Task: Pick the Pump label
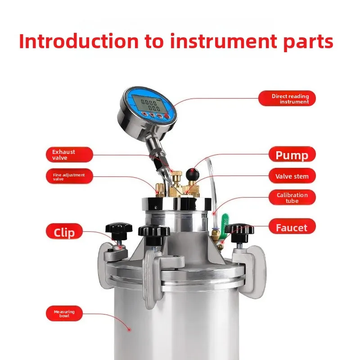[x=292, y=155]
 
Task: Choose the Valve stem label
[x=292, y=176]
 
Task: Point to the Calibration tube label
[x=292, y=198]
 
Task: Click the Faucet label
[x=292, y=228]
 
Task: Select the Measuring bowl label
[x=64, y=314]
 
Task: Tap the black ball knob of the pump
[x=193, y=172]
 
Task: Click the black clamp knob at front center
[x=154, y=232]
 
